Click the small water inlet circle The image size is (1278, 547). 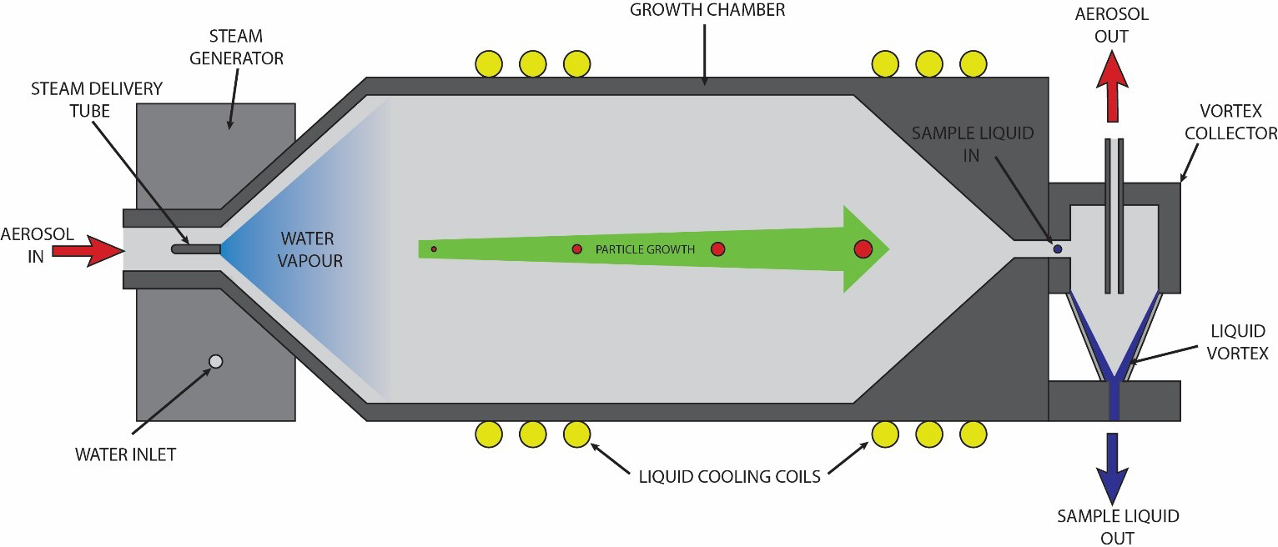click(x=215, y=361)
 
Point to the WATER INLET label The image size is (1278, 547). click(x=125, y=454)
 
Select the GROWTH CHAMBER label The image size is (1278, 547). click(x=707, y=11)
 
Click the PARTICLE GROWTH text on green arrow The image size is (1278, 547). click(x=644, y=249)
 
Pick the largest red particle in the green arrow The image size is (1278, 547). click(x=863, y=248)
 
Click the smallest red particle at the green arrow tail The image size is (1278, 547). click(x=434, y=248)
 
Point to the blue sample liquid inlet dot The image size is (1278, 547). click(x=1058, y=248)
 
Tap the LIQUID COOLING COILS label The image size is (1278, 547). click(x=729, y=477)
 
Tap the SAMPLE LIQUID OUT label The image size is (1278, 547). click(x=1118, y=526)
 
